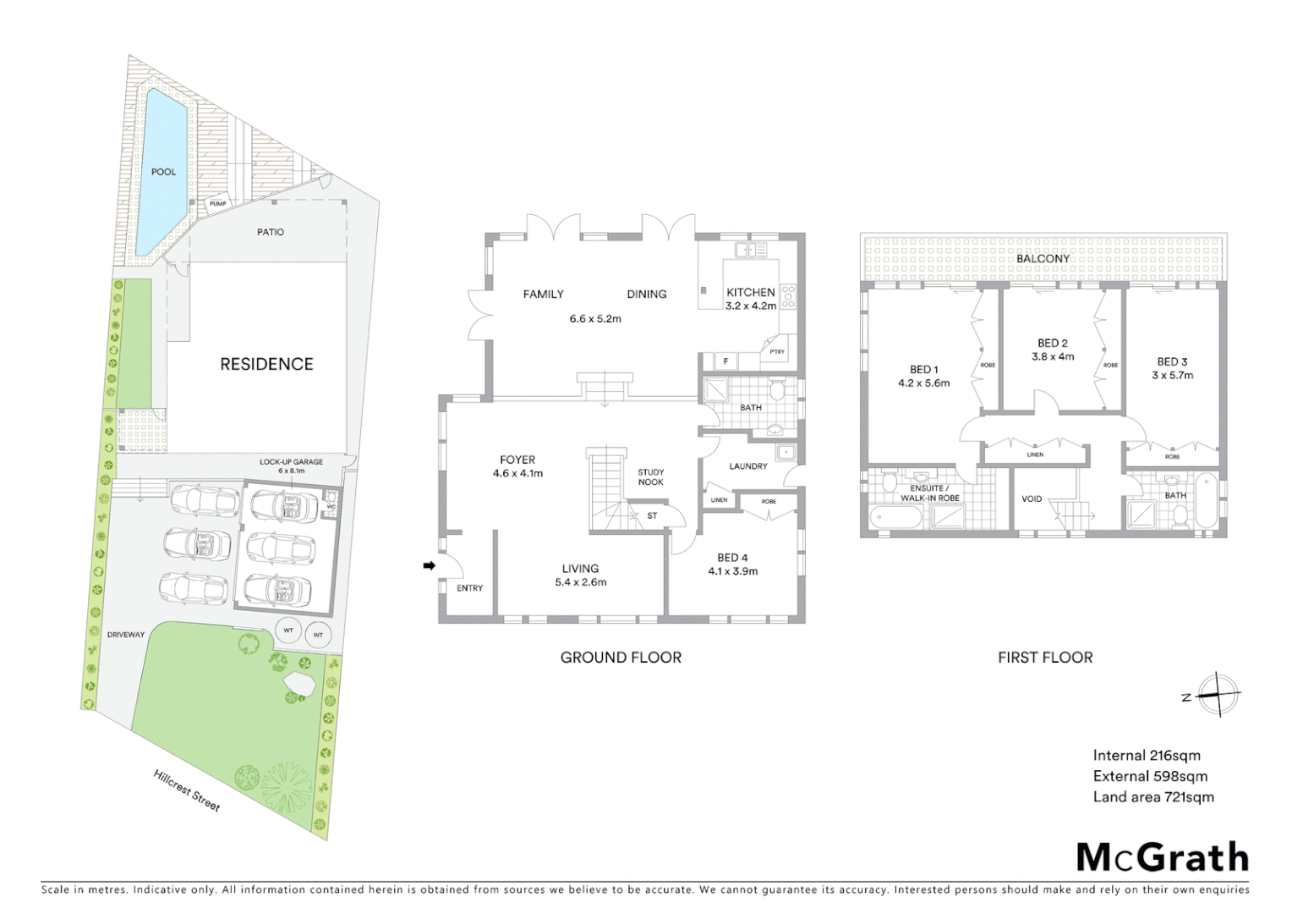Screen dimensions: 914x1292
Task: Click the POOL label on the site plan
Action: tap(163, 172)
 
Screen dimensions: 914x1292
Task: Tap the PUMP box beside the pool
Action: tap(218, 204)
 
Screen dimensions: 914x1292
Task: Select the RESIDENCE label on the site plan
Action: tap(266, 364)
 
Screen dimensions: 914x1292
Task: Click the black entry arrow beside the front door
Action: tap(429, 565)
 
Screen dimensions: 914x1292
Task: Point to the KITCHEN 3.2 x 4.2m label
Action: tap(751, 299)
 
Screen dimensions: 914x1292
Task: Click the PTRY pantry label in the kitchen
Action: tap(777, 352)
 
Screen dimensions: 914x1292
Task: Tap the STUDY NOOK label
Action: tap(650, 477)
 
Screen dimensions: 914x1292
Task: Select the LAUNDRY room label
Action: tap(748, 466)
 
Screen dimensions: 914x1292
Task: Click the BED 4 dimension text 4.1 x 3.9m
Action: tap(732, 571)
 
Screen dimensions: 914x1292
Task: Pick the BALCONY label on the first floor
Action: tap(1043, 259)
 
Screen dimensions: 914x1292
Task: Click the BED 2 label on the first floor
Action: tap(1052, 344)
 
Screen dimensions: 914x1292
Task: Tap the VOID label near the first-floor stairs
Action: tap(1032, 499)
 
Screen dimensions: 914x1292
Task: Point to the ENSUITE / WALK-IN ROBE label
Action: tap(929, 493)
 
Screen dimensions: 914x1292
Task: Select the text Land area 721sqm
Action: tap(1152, 796)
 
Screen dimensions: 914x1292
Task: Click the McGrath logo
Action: tap(1162, 857)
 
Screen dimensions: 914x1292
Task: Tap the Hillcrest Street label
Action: tap(187, 790)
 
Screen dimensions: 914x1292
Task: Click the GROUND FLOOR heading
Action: tap(621, 658)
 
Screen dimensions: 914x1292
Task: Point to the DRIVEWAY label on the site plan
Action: tap(126, 635)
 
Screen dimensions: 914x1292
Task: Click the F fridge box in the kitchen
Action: tap(725, 361)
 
